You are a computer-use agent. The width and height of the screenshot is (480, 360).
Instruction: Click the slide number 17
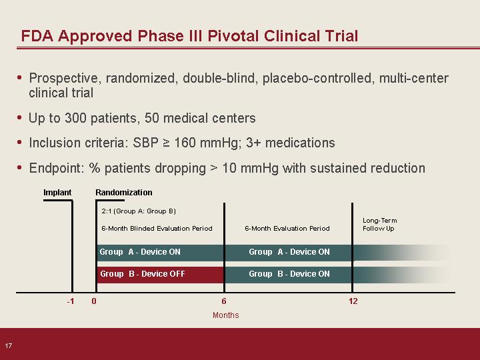8,345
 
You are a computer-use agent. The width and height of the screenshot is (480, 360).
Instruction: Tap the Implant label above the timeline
57,192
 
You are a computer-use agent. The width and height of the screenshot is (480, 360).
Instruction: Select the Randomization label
124,192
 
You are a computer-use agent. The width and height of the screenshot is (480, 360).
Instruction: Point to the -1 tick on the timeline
71,301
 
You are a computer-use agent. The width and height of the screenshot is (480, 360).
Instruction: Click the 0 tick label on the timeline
94,301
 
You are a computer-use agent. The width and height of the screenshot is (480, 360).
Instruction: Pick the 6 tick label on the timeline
224,301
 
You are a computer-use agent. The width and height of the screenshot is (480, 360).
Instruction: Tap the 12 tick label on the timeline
353,301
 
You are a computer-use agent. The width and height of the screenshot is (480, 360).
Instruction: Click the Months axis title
225,315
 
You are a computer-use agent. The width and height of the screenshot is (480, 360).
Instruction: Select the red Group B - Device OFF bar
160,275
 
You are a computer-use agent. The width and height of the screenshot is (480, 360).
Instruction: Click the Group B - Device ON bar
289,275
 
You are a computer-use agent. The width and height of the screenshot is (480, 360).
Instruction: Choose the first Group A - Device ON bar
160,253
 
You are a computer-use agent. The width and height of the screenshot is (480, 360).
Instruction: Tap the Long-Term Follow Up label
379,225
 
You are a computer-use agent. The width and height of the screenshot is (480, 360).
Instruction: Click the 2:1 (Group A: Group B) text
139,211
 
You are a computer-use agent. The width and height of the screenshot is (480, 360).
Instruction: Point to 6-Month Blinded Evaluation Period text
157,229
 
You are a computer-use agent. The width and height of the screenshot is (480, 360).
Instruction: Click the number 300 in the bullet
75,118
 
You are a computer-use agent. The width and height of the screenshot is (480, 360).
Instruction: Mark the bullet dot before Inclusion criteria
19,143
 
